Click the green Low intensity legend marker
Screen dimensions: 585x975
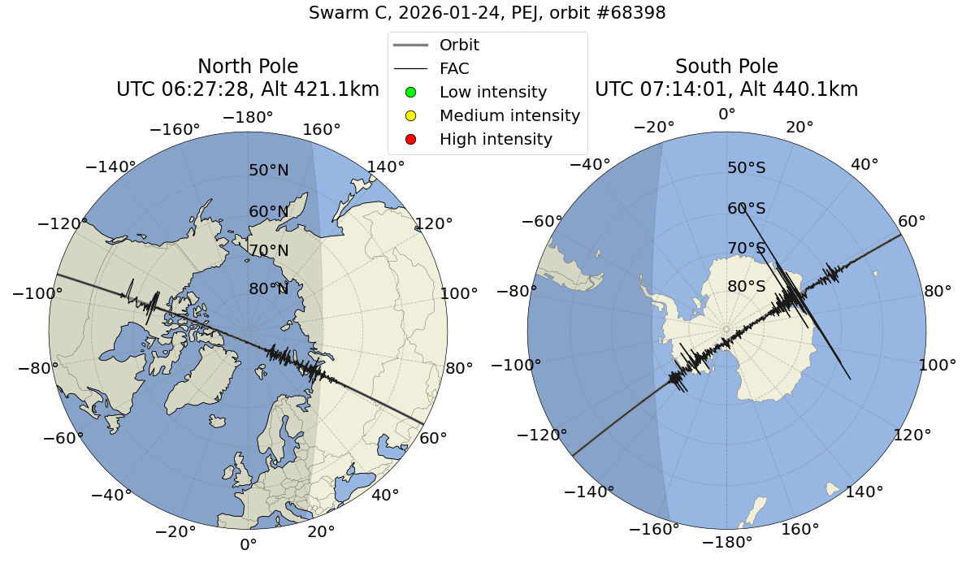point(410,92)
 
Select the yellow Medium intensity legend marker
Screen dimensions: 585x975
point(410,115)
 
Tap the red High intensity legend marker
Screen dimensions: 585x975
point(410,139)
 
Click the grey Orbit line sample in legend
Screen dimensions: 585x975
point(410,45)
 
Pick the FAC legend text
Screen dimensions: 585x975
point(454,68)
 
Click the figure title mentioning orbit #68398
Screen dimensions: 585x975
point(487,13)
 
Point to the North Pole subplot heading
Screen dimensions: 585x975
point(248,67)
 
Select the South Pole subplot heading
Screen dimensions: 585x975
point(726,67)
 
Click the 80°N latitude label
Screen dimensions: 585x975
point(268,289)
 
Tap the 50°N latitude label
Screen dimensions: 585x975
point(268,171)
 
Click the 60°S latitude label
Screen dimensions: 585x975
point(747,209)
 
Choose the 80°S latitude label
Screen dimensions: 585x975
point(747,287)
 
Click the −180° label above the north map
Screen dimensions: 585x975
point(248,117)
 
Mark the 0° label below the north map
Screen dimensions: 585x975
point(248,544)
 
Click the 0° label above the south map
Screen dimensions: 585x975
point(726,115)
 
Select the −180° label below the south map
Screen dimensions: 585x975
point(726,542)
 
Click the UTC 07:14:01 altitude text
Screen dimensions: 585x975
point(726,89)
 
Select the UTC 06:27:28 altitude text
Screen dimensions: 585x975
point(248,89)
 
